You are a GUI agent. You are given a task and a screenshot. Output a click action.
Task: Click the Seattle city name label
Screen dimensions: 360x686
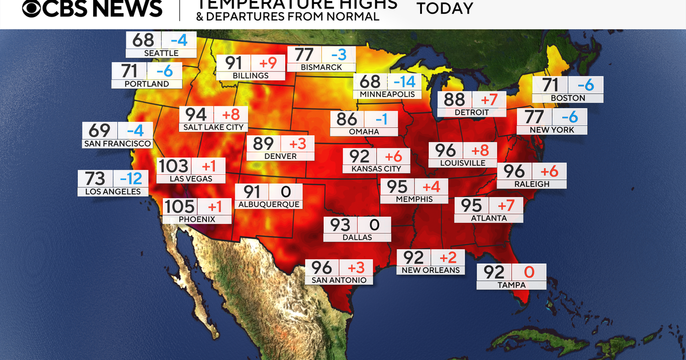[x=161, y=53]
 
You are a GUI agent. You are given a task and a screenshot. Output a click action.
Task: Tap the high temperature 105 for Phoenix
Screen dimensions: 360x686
[x=180, y=206]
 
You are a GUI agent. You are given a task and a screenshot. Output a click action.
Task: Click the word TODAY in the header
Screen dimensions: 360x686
[x=445, y=9]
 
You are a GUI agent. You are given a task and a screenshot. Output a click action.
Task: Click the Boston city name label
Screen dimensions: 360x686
[x=568, y=98]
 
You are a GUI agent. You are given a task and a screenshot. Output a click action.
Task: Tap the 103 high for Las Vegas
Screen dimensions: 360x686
[x=173, y=166]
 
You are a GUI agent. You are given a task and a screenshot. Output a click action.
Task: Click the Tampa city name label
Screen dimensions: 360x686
[x=511, y=285]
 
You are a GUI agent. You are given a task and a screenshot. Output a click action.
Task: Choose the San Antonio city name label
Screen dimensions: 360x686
[x=339, y=280]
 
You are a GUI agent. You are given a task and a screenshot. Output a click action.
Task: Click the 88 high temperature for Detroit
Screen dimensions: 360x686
[x=454, y=99]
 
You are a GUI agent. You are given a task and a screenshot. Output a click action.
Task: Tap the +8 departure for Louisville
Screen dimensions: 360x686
[x=480, y=151]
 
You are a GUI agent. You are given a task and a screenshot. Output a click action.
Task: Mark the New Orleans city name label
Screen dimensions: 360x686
[x=430, y=270]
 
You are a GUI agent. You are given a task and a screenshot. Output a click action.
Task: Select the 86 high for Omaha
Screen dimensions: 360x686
[x=346, y=119]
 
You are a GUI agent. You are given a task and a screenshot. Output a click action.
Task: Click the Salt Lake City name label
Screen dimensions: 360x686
[x=213, y=127]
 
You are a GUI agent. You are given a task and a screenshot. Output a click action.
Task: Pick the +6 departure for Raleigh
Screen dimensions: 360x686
[x=549, y=171]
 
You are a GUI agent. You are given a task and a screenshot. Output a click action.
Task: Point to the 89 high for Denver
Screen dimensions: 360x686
[x=264, y=143]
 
